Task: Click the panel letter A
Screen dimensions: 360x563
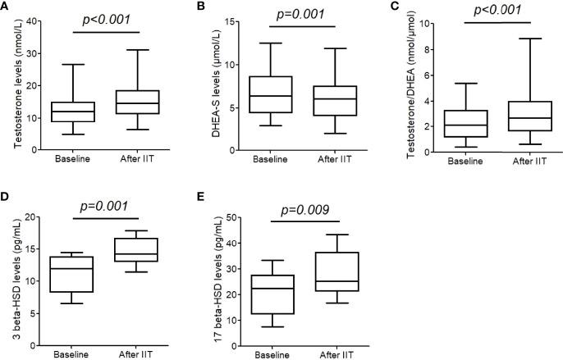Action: pos(7,6)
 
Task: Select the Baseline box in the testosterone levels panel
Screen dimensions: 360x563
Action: pos(75,112)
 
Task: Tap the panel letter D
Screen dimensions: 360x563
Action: pos(7,198)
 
